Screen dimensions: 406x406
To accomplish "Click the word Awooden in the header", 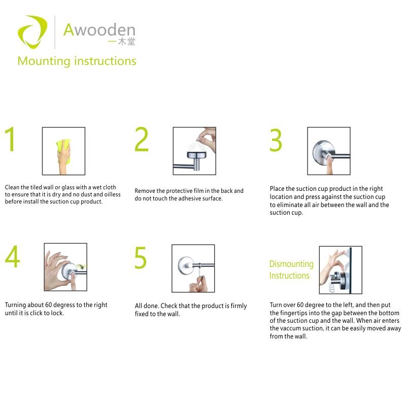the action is point(99,30).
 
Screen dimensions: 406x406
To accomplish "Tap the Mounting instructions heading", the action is point(77,61).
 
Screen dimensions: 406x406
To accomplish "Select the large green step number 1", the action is point(10,139).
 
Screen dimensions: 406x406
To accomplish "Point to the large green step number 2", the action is point(142,139).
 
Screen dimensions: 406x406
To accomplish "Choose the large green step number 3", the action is point(276,140).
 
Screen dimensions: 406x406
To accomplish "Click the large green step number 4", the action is point(12,256).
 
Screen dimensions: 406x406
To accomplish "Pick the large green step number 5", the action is point(141,257).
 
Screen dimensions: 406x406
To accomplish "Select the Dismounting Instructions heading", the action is point(291,269).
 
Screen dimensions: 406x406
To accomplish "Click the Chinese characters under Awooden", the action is point(122,42).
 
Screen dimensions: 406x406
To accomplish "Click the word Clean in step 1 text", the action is point(12,187).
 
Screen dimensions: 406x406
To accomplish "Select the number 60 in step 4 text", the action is point(48,305).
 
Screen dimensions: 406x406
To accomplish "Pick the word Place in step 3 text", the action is point(277,188).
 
